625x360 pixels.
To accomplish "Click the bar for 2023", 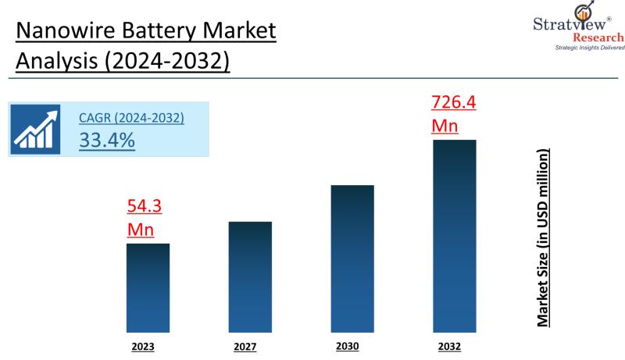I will click(148, 287).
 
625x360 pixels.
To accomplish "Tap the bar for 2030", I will click(352, 258).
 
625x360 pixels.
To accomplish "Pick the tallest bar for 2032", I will click(454, 234).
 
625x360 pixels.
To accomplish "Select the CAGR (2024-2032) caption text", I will click(131, 118).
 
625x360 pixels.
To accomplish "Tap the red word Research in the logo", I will click(598, 37).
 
